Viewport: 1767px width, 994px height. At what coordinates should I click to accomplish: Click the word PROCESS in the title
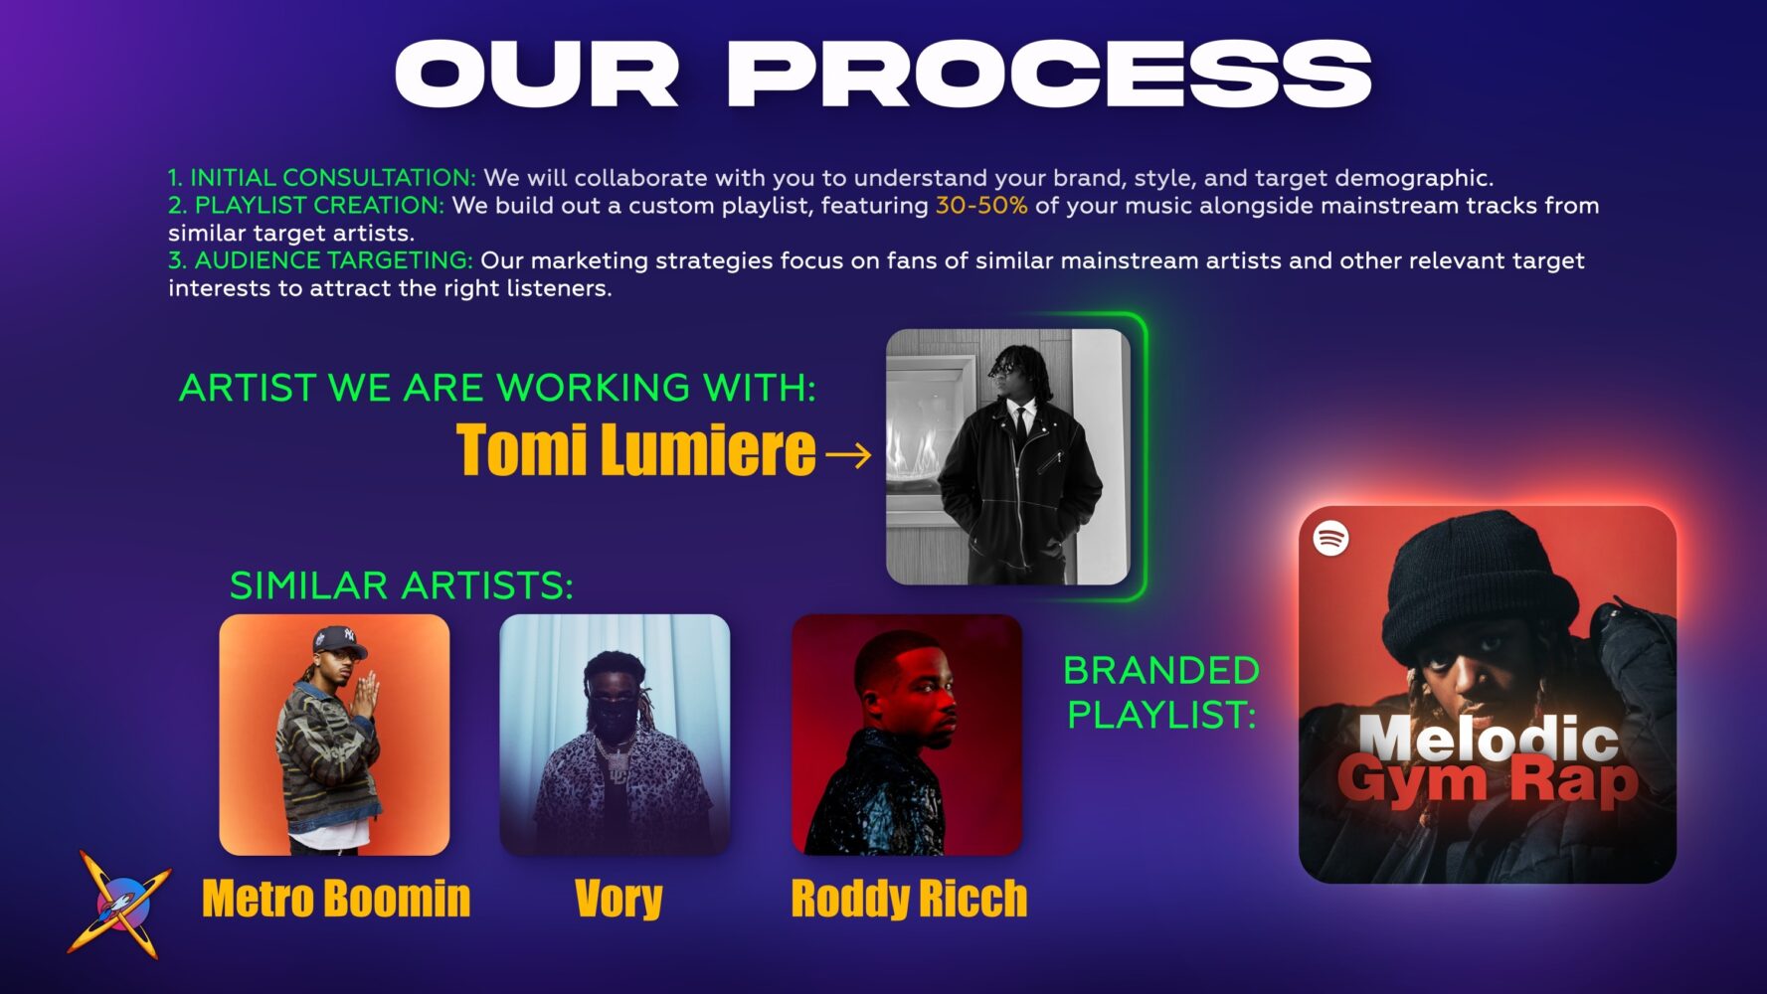click(x=1049, y=74)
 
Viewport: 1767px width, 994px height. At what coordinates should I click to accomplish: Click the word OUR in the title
click(x=537, y=74)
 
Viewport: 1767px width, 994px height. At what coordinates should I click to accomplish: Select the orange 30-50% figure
click(x=981, y=206)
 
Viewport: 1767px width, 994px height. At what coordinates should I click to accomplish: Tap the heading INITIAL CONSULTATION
click(x=333, y=178)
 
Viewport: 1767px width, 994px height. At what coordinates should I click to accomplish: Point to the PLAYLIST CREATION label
click(x=319, y=206)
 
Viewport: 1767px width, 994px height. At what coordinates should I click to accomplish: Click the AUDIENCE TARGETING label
click(x=333, y=260)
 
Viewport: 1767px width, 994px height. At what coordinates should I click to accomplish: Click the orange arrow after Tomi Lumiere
click(x=848, y=455)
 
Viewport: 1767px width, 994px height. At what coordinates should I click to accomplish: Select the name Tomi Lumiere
click(x=636, y=450)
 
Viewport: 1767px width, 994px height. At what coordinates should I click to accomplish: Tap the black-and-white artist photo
click(x=1008, y=457)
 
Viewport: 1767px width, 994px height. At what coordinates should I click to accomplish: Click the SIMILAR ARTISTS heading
click(x=402, y=585)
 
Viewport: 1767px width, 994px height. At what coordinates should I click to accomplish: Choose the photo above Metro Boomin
click(x=334, y=735)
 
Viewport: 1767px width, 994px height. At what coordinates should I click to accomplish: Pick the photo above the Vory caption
click(x=615, y=735)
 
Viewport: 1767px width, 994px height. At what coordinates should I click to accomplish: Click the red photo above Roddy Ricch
click(x=907, y=735)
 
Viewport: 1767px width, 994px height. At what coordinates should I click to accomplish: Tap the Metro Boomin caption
click(x=336, y=899)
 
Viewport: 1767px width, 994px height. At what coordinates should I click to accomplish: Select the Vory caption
click(x=618, y=900)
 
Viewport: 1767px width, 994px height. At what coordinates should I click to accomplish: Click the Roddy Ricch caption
click(x=909, y=899)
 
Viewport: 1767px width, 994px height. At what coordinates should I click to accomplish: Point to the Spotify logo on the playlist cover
click(x=1331, y=539)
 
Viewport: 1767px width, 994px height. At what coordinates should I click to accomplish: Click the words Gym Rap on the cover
click(x=1488, y=781)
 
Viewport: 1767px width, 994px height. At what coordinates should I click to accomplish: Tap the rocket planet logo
click(x=118, y=903)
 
